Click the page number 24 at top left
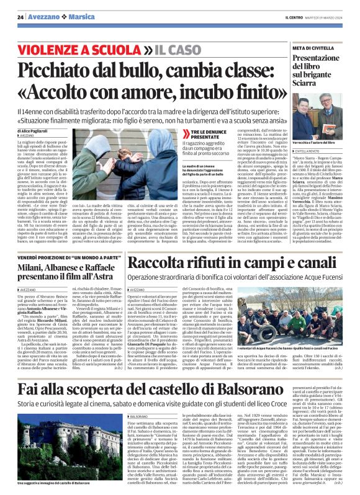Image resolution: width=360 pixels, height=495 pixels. coord(20,17)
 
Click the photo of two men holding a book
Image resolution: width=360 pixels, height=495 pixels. coord(316,112)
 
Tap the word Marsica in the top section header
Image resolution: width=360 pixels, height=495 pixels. coord(72,17)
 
